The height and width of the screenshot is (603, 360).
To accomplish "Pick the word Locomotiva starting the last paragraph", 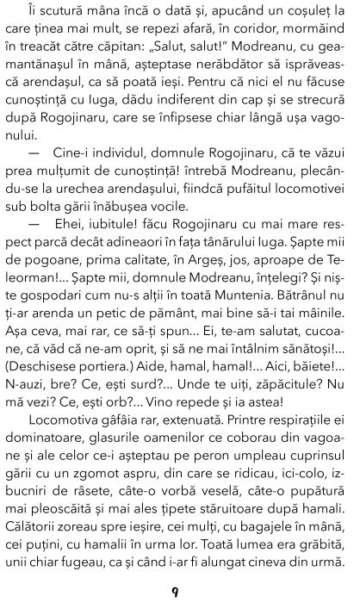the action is tap(74, 409).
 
